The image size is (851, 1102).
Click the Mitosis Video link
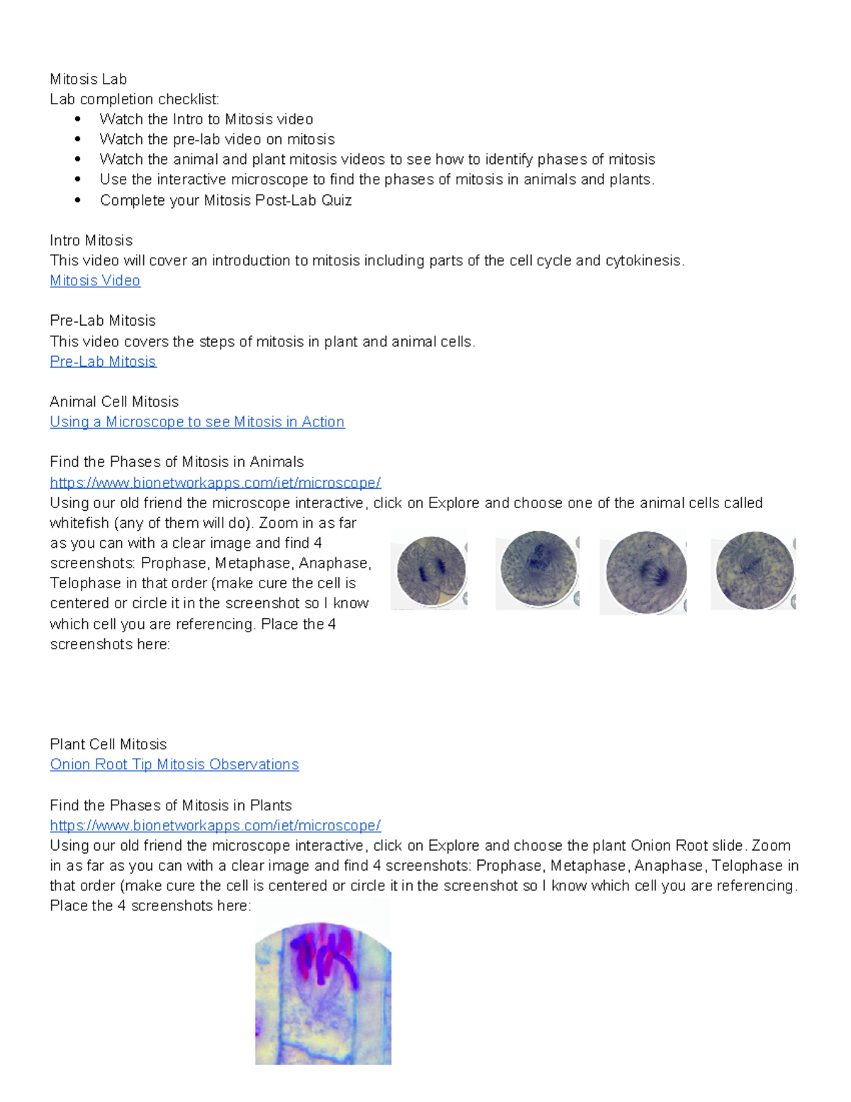(x=95, y=281)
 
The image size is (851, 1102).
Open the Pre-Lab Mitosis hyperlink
(x=103, y=362)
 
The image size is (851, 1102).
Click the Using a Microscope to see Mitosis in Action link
(x=197, y=422)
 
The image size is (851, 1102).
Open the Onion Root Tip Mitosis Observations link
(x=174, y=765)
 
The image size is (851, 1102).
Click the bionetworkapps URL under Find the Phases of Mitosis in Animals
(x=215, y=483)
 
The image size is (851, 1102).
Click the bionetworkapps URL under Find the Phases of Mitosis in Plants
(x=215, y=826)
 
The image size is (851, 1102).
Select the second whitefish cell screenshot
(x=538, y=570)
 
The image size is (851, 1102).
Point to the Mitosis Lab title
(x=89, y=79)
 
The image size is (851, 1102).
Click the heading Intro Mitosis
(x=91, y=241)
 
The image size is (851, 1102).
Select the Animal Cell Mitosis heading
(x=114, y=402)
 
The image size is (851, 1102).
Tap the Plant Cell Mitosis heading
(x=109, y=744)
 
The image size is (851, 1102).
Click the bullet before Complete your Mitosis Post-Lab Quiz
(x=78, y=201)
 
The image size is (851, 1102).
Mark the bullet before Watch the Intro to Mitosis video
(x=78, y=119)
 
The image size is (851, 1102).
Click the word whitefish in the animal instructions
(x=80, y=524)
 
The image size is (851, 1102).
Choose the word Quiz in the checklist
(x=336, y=201)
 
